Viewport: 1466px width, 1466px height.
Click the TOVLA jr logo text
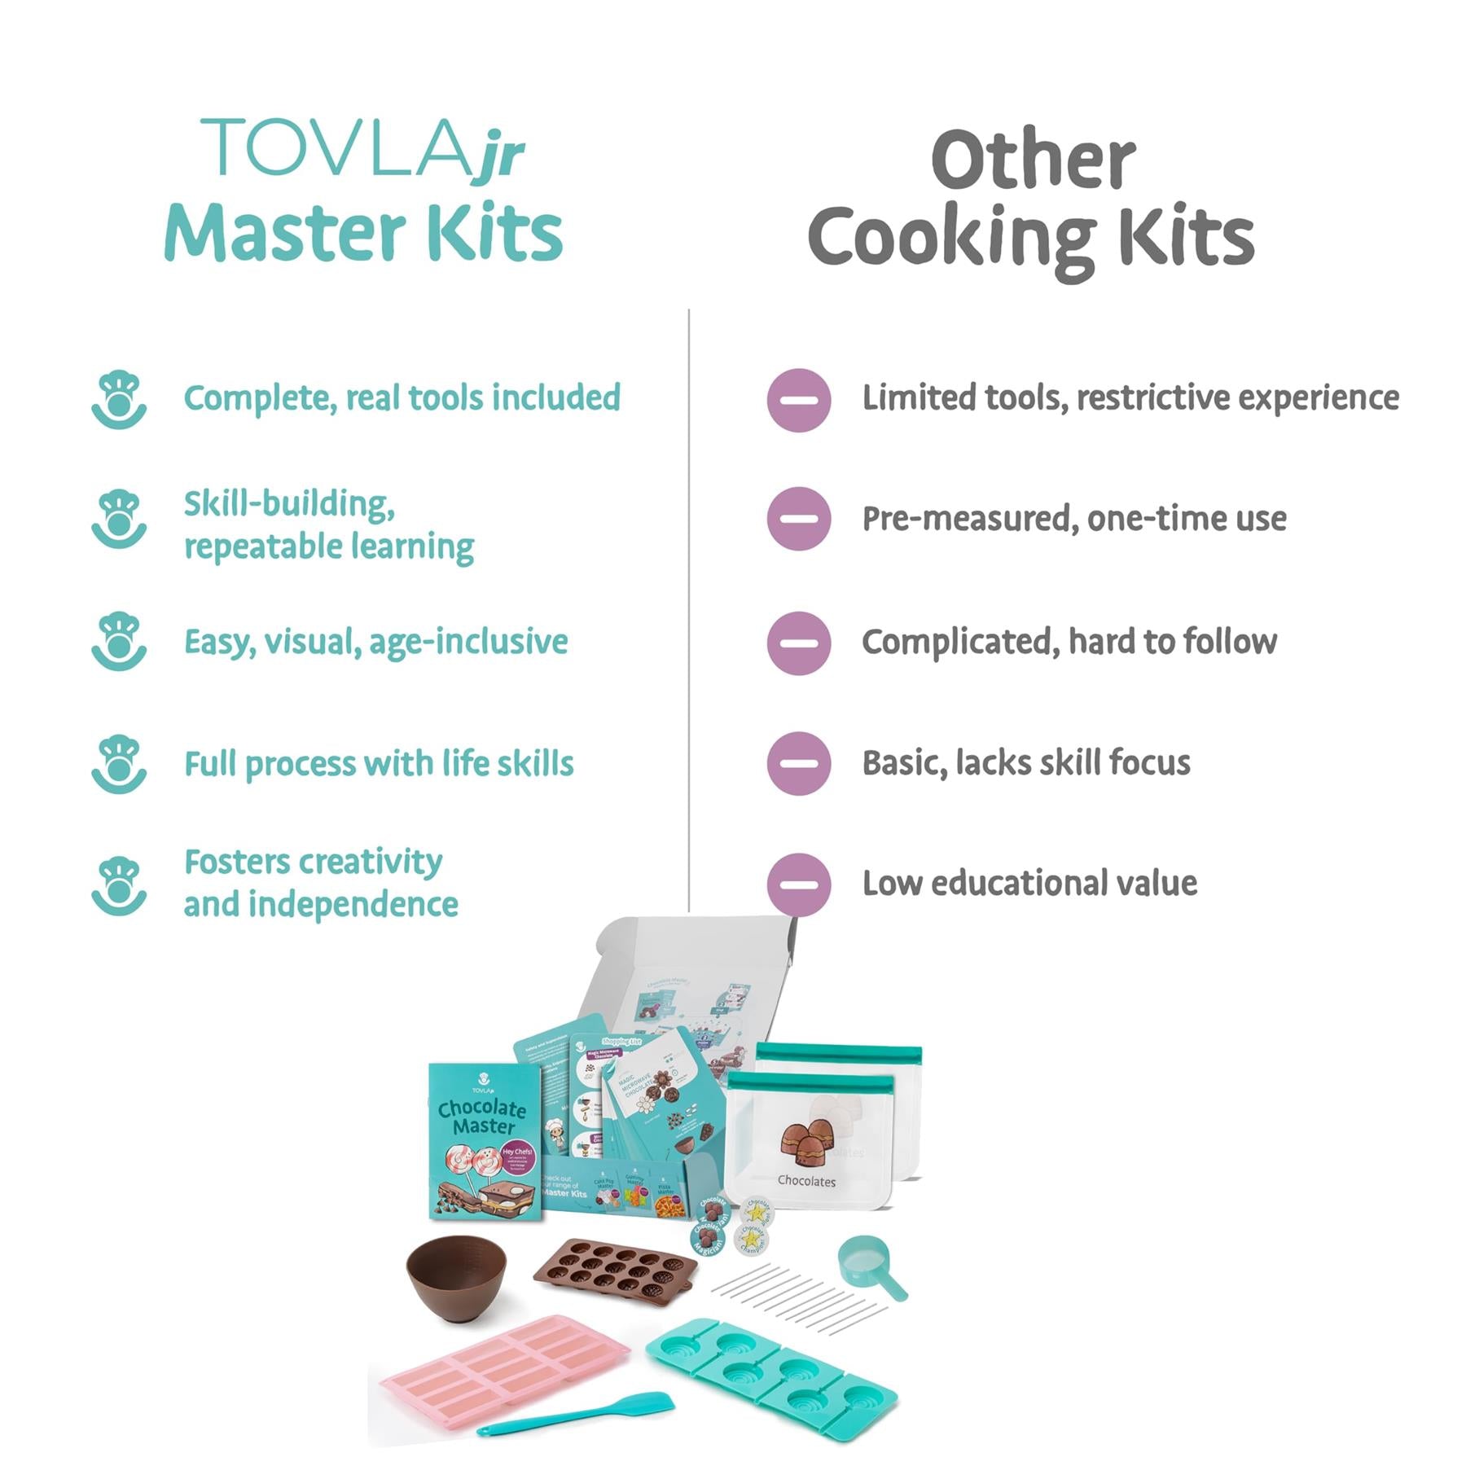pos(362,148)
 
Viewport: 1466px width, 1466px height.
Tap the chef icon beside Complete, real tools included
pos(119,399)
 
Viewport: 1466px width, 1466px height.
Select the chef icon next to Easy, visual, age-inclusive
pos(119,642)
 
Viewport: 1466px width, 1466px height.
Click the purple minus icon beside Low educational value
pos(798,884)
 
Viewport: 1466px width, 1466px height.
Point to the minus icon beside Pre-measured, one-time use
pos(798,519)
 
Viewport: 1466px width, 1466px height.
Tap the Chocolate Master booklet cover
pos(484,1140)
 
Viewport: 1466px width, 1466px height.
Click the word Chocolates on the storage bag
pos(806,1181)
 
